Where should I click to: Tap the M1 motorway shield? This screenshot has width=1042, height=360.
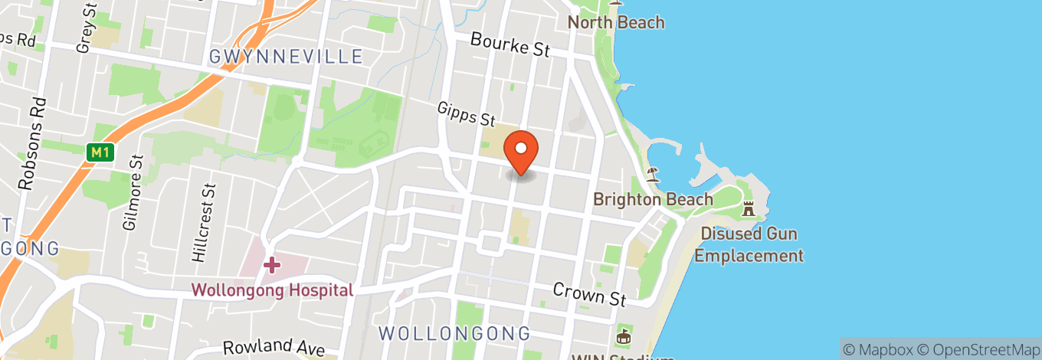click(x=100, y=152)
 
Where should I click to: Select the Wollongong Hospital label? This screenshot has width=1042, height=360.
click(x=272, y=290)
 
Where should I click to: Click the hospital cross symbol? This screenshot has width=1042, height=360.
click(x=271, y=265)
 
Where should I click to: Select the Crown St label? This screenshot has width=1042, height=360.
click(x=589, y=292)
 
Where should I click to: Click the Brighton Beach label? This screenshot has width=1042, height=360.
click(x=654, y=199)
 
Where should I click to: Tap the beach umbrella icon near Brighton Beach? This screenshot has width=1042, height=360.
click(x=652, y=173)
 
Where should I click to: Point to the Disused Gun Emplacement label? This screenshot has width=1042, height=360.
click(x=749, y=244)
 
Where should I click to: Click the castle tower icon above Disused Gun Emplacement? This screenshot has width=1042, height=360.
click(x=749, y=208)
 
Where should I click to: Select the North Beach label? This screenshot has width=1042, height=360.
click(x=616, y=22)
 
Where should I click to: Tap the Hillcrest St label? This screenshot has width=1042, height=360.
click(x=200, y=223)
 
